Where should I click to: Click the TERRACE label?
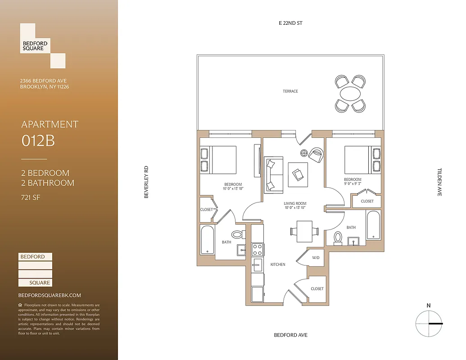coord(290,91)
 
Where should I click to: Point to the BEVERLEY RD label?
coord(146,183)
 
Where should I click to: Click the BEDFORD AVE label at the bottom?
coord(291,335)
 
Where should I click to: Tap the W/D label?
coord(316,258)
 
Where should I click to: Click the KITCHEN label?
coord(278,265)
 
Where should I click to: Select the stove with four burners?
coord(258,249)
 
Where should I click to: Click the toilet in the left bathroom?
coord(238,234)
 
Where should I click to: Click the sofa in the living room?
coord(273,174)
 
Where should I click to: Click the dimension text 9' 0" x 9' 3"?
coord(353,183)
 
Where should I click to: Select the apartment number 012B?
coord(38,141)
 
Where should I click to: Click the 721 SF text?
coord(31,197)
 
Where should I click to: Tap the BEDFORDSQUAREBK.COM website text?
coord(50,295)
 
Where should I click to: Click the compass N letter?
coord(429,306)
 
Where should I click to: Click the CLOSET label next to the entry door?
coord(317,288)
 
